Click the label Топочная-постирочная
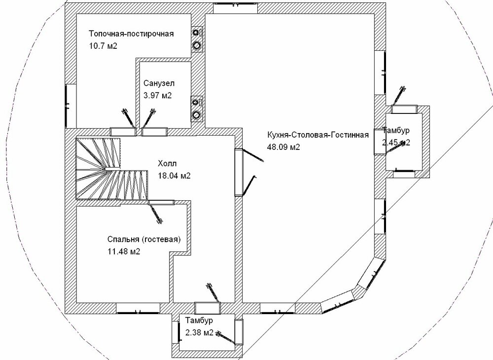[132, 34]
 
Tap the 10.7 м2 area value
[103, 45]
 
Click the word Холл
[167, 164]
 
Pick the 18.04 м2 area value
[175, 176]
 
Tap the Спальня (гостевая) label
[144, 240]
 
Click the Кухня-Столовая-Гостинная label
[318, 136]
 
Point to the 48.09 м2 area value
[284, 147]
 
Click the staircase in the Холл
[108, 170]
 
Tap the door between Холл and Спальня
[161, 202]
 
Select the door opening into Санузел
[154, 132]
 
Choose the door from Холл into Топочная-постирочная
[123, 132]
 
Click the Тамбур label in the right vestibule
[396, 130]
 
